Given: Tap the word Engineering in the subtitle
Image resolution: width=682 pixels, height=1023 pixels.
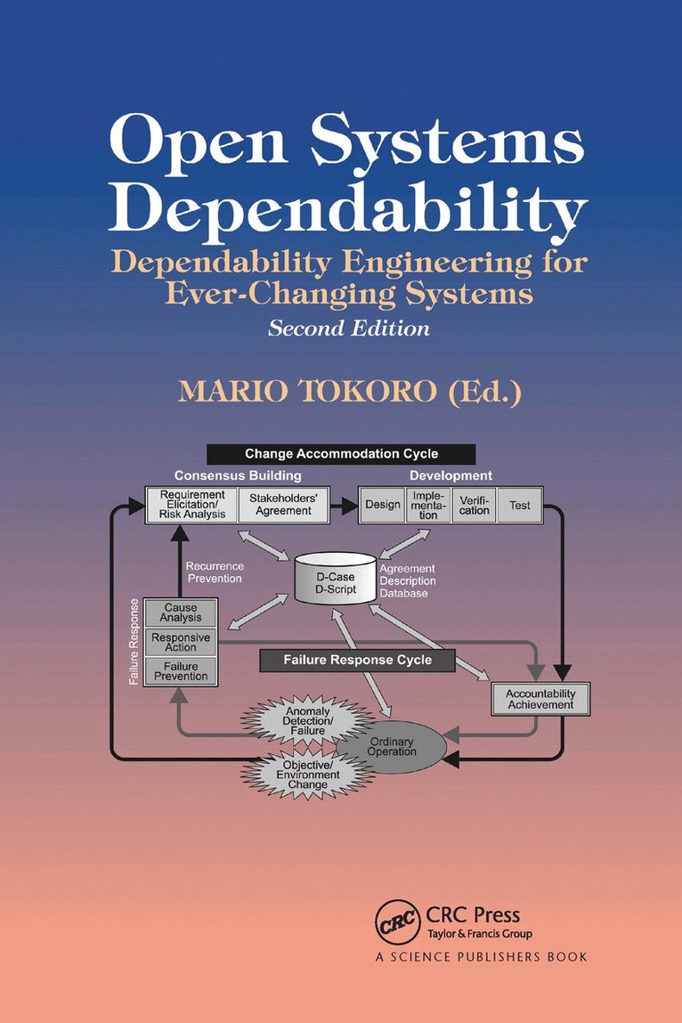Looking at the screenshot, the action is (x=436, y=263).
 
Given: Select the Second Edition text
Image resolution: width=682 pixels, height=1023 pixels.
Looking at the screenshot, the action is (x=348, y=329).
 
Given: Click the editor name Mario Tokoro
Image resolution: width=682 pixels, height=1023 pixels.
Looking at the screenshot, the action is (x=308, y=391).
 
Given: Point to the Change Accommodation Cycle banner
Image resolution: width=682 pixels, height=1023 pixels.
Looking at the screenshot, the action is (x=341, y=454).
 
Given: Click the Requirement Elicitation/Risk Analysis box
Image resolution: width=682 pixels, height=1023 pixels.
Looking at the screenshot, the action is (x=192, y=504).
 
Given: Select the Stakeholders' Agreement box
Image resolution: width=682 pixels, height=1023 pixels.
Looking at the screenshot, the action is (x=283, y=504).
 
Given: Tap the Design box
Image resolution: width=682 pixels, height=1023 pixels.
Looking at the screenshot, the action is (x=383, y=505).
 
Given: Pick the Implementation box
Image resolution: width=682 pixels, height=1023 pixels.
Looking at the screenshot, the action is (x=428, y=505).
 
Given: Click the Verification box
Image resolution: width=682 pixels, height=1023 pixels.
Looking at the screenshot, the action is (x=474, y=505).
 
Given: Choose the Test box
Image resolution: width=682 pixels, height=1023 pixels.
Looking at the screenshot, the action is (x=519, y=505).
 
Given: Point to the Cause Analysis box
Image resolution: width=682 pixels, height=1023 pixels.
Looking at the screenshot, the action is (x=181, y=613).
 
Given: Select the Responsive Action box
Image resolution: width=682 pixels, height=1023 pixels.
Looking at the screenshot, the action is (x=181, y=642).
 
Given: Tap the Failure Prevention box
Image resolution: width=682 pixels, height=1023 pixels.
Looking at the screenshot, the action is (x=181, y=671).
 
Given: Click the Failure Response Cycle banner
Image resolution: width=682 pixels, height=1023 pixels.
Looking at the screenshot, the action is (x=358, y=661).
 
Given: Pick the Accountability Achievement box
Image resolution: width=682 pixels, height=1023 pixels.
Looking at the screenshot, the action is (x=540, y=699).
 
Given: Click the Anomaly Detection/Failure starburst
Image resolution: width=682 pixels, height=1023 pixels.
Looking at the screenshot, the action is (x=307, y=721).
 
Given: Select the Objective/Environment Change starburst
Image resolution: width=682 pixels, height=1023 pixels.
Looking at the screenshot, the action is (x=307, y=775).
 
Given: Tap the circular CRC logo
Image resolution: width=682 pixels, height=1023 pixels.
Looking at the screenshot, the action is (x=397, y=922).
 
